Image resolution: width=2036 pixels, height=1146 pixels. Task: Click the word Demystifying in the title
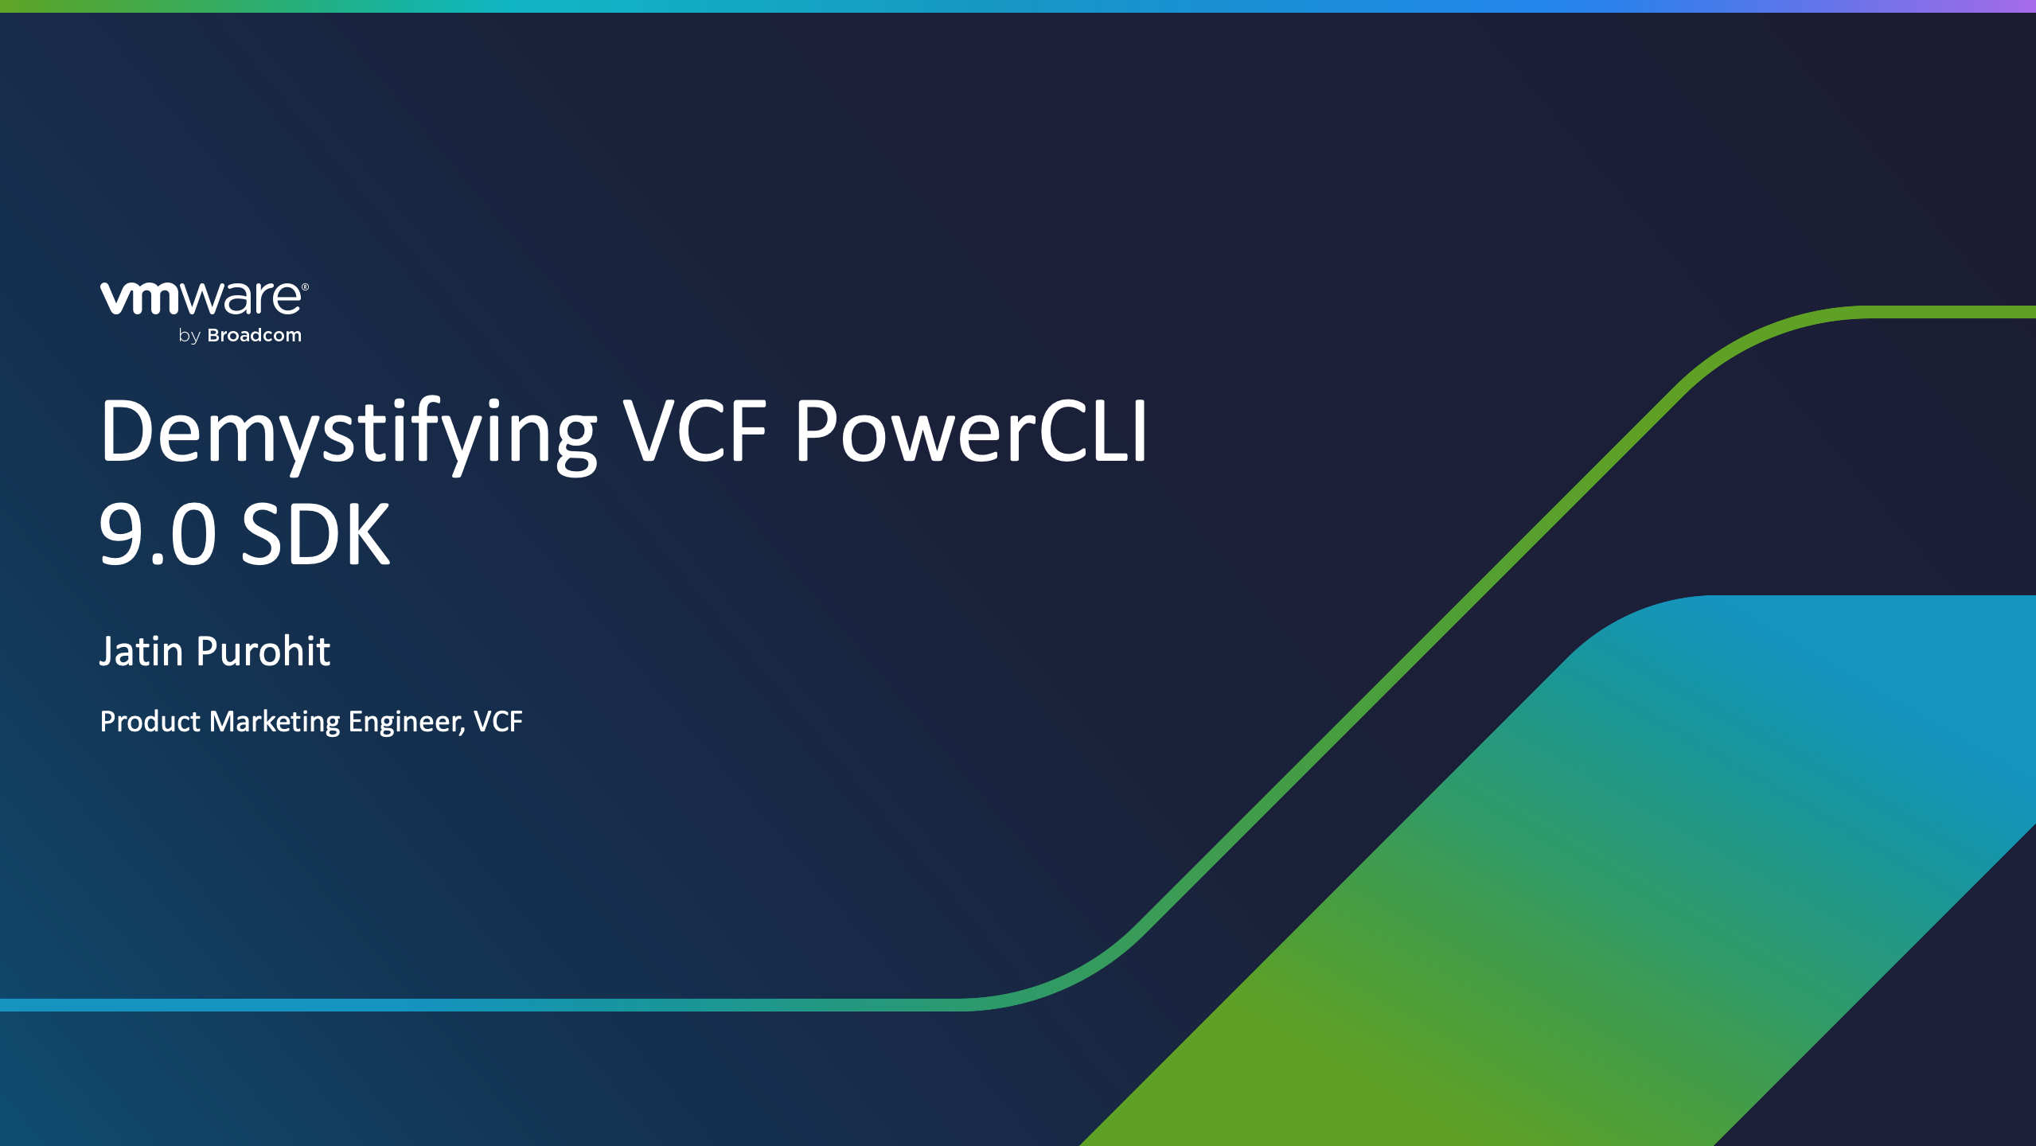[x=348, y=434]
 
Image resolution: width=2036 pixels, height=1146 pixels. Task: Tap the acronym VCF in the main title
[x=695, y=430]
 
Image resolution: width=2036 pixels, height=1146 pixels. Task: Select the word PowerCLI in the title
[x=971, y=430]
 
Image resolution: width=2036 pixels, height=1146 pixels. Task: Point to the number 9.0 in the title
[x=158, y=534]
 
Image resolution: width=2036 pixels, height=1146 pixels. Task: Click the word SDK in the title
[x=316, y=534]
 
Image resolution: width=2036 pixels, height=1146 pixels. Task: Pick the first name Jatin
[x=142, y=652]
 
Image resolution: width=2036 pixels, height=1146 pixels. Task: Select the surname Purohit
[x=263, y=651]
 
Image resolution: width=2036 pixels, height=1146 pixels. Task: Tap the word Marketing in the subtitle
[x=275, y=723]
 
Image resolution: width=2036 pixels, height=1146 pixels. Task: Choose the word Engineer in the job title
[x=404, y=723]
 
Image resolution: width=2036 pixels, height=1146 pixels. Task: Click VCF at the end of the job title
[x=498, y=721]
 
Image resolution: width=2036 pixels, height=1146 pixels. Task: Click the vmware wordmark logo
[x=204, y=298]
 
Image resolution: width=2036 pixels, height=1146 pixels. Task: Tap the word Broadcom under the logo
[x=254, y=335]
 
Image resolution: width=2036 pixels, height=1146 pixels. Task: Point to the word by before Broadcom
[x=189, y=337]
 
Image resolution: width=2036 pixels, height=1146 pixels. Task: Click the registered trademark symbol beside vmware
[x=305, y=287]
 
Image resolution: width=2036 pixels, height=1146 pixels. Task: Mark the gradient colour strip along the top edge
[x=1018, y=6]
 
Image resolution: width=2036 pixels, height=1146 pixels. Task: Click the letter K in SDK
[x=367, y=534]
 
